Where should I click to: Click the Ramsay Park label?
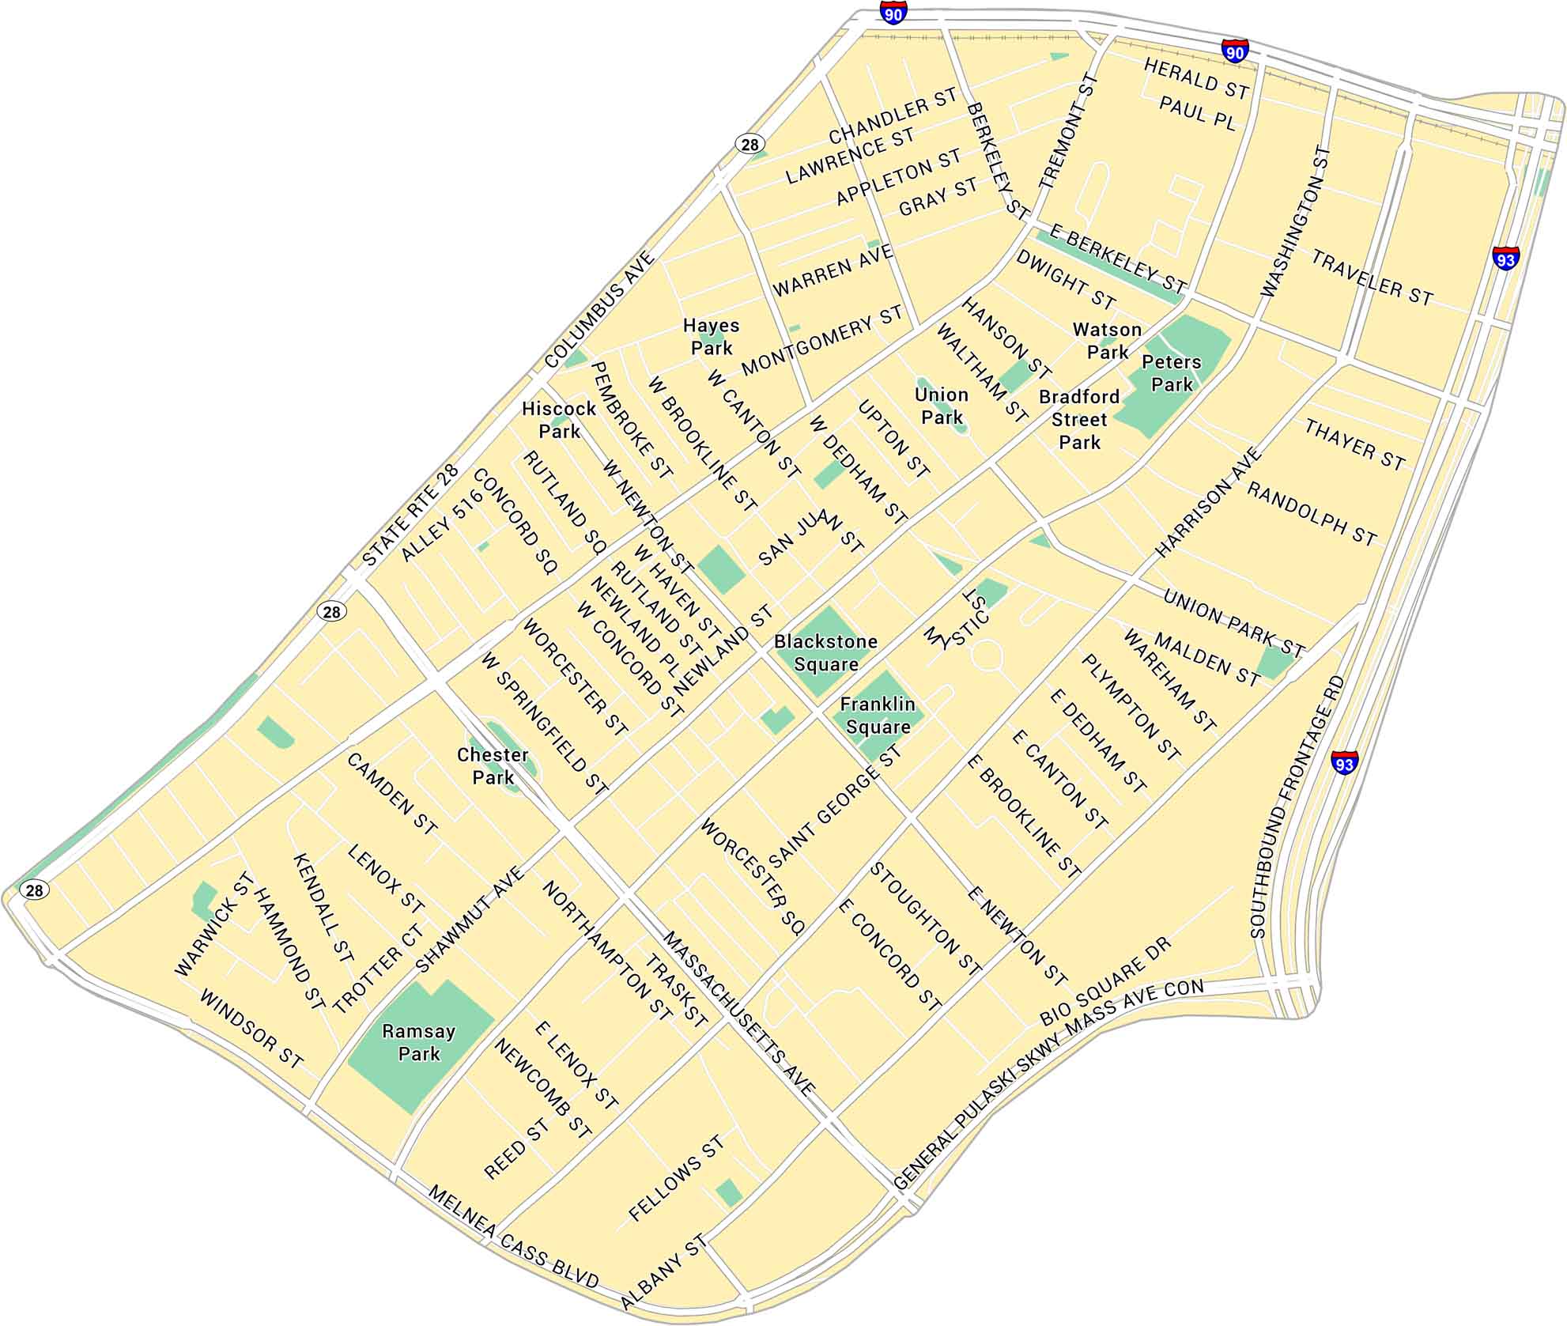(418, 1042)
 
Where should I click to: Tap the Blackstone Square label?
(825, 652)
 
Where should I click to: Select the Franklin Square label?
(878, 715)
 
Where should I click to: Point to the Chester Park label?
(493, 765)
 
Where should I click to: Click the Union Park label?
(941, 406)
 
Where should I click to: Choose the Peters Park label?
(1171, 373)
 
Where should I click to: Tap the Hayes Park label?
(711, 336)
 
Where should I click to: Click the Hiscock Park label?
(559, 420)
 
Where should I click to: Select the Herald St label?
(1196, 80)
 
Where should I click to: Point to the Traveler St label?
(1372, 278)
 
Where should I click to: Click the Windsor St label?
(251, 1029)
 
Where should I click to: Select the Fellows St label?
(676, 1178)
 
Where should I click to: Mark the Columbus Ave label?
(600, 310)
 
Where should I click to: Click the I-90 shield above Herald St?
(1235, 50)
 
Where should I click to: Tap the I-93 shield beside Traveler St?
(1505, 258)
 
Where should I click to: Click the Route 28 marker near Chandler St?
(750, 144)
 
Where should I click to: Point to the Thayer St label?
(1354, 445)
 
